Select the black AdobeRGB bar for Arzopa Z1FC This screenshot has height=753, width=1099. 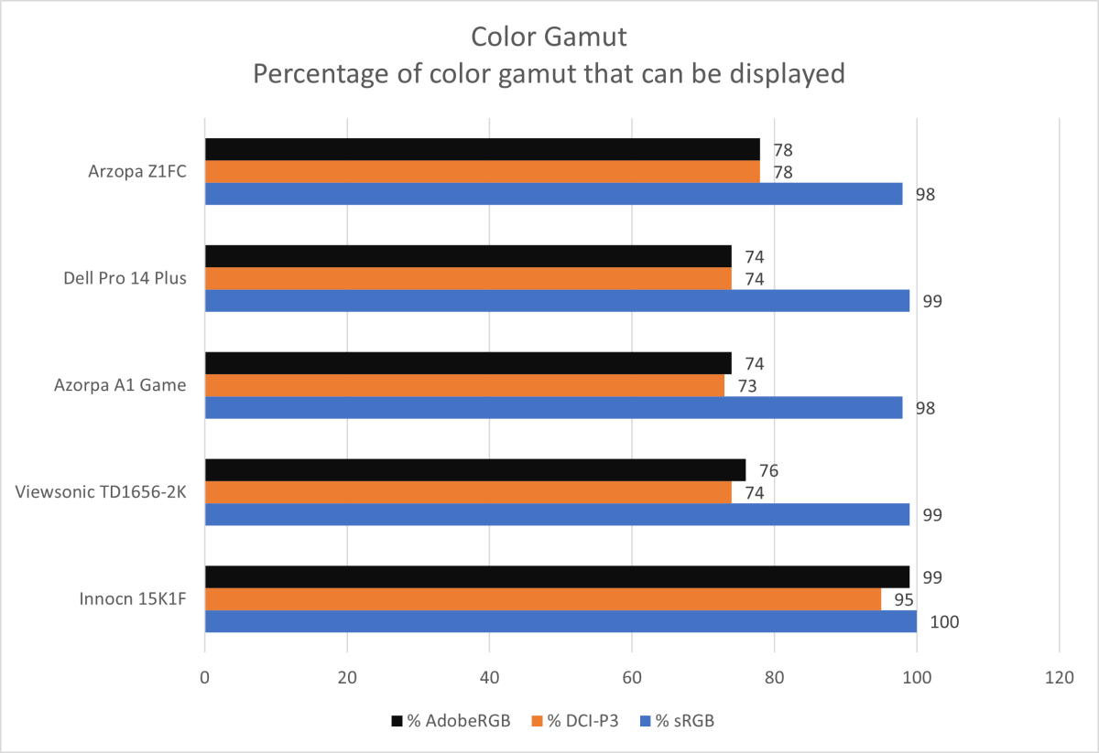(x=482, y=149)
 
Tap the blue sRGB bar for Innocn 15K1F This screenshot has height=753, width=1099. (x=560, y=621)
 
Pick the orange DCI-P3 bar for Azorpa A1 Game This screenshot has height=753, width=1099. (x=464, y=385)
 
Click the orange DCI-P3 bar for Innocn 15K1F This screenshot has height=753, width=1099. (x=542, y=599)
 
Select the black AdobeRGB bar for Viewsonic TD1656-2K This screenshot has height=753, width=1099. (x=475, y=470)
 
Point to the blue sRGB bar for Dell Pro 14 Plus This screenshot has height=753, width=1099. (x=557, y=301)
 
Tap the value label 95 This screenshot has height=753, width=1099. (x=904, y=599)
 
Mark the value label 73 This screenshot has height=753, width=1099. (x=747, y=386)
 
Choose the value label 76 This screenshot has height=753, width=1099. (x=768, y=471)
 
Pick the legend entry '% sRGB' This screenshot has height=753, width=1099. (x=683, y=721)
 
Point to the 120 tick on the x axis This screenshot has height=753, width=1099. (x=1059, y=678)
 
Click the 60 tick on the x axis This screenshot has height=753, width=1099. (x=632, y=678)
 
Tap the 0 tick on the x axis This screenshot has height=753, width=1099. (x=205, y=678)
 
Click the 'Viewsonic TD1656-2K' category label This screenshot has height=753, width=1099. (x=102, y=492)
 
